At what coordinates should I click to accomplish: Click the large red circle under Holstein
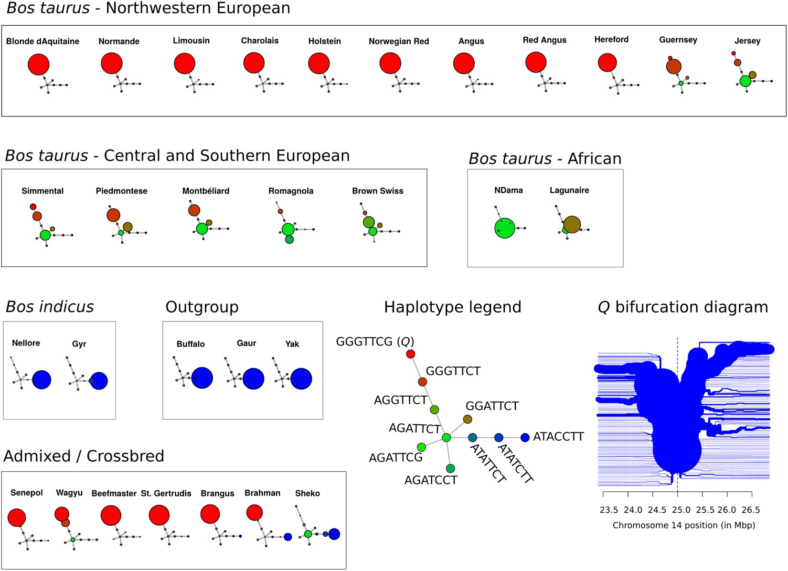pos(319,63)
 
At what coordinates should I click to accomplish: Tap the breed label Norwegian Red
pos(399,42)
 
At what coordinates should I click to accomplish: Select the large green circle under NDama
pos(505,228)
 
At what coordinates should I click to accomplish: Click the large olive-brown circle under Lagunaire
pos(572,224)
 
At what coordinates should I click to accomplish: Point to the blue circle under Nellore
pos(42,379)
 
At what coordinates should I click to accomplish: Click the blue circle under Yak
pos(301,378)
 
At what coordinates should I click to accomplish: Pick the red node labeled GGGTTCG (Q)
pos(410,354)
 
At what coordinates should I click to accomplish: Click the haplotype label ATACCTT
pos(558,437)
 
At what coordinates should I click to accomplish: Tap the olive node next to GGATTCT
pos(468,419)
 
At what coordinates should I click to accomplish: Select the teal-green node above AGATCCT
pos(450,468)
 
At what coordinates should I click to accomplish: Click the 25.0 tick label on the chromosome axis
pos(681,510)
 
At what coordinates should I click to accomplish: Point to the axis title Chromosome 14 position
pos(683,525)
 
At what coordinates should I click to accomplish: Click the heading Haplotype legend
pos(452,307)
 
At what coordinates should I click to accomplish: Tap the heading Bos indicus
pos(50,307)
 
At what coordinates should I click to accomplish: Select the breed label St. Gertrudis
pos(166,493)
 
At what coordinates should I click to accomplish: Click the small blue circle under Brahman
pos(288,537)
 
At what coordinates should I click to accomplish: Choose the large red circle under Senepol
pos(17,517)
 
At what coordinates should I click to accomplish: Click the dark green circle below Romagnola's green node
pos(289,239)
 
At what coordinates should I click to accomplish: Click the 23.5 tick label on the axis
pos(608,510)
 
